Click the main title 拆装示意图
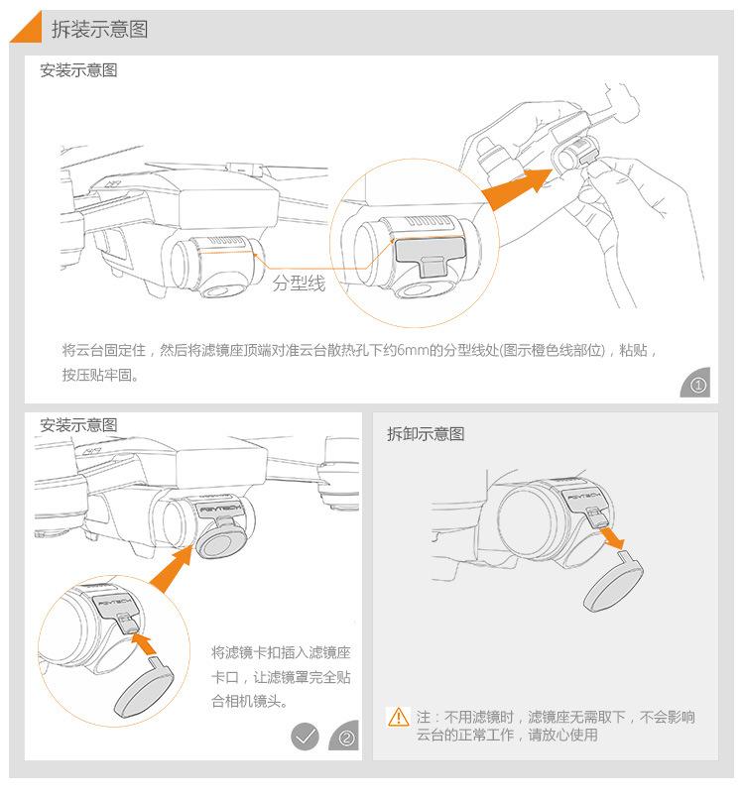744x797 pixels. [99, 29]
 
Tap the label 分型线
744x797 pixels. [299, 284]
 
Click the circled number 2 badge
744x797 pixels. [345, 736]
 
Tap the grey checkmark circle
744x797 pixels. [306, 736]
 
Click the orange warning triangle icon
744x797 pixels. [398, 717]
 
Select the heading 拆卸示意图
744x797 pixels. [426, 434]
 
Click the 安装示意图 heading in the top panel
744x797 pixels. [78, 69]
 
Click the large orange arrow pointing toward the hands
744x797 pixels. [516, 187]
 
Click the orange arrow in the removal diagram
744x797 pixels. [613, 538]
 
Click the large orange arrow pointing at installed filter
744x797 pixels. [172, 569]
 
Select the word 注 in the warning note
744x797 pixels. [424, 717]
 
